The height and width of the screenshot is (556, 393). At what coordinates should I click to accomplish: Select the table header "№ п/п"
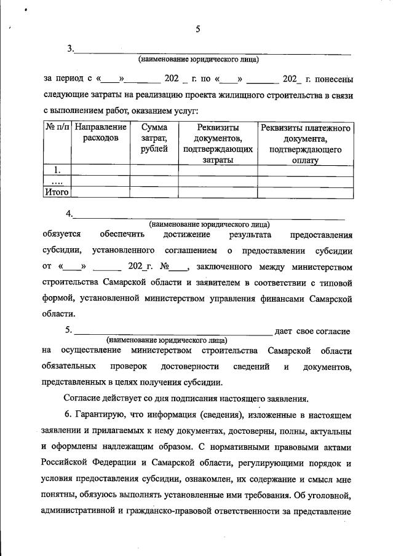click(x=57, y=128)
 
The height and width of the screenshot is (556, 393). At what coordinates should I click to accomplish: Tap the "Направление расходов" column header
click(x=100, y=133)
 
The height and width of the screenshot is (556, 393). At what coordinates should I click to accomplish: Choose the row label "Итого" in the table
click(x=57, y=192)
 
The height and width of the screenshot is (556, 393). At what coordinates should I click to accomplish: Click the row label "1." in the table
click(x=57, y=170)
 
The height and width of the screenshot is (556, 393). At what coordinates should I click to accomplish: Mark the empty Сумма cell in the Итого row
click(x=153, y=192)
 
